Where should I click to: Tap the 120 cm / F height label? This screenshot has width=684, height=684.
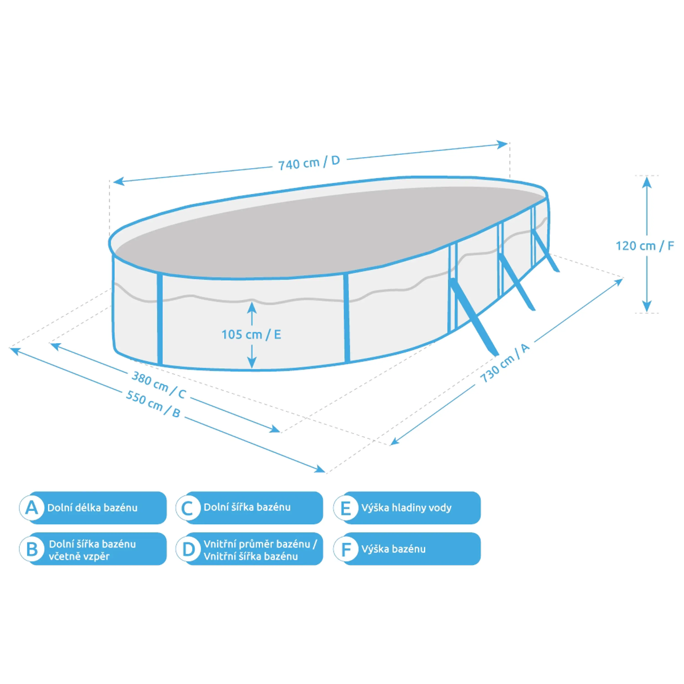[645, 246]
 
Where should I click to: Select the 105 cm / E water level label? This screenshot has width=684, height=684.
[251, 334]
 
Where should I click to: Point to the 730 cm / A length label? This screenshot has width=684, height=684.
[505, 363]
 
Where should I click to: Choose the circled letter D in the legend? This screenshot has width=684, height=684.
[188, 549]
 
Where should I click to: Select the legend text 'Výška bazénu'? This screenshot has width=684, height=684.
[393, 549]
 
